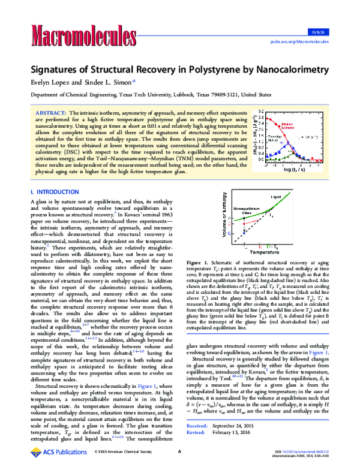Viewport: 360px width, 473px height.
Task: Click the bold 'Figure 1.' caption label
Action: [198, 279]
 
